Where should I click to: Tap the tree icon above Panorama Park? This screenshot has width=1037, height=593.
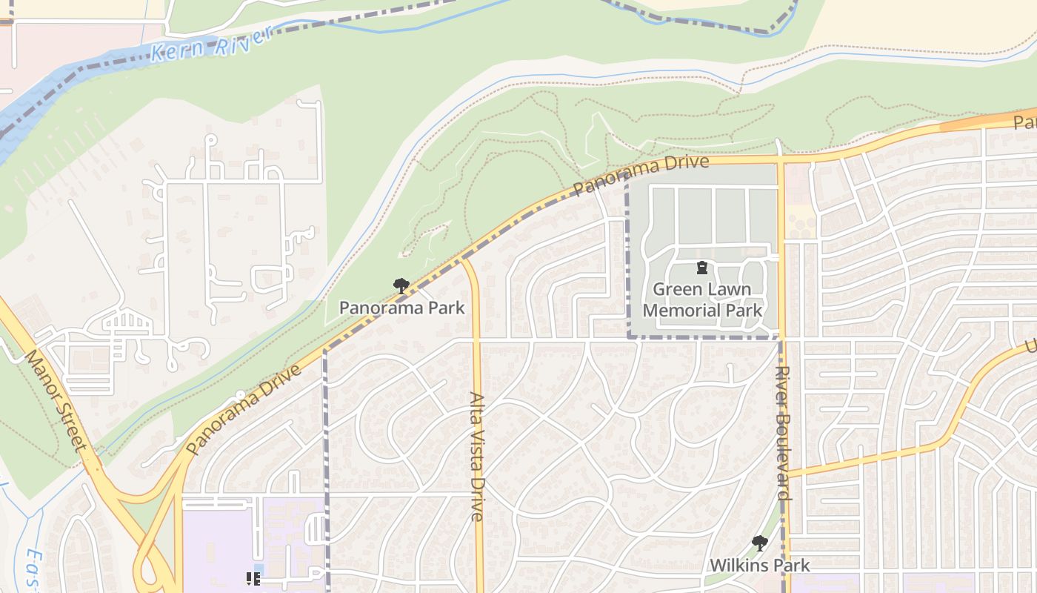401,285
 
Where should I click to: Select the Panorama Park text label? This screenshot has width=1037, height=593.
401,307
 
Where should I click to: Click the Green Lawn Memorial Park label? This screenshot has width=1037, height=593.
701,299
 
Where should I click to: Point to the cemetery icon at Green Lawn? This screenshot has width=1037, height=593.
701,268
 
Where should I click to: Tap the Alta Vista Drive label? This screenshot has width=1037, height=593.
476,456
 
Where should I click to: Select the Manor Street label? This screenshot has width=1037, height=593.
56,400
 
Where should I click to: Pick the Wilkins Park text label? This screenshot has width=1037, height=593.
759,565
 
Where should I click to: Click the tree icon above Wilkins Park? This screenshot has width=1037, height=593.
759,543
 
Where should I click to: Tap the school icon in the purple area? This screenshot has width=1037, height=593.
253,578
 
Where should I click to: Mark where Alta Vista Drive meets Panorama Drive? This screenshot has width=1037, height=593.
464,259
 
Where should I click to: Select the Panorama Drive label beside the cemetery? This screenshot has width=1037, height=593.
640,175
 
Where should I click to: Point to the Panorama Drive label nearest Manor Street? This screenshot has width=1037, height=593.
244,409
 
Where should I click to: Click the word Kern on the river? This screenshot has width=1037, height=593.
177,51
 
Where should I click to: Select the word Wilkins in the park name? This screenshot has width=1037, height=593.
736,565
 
